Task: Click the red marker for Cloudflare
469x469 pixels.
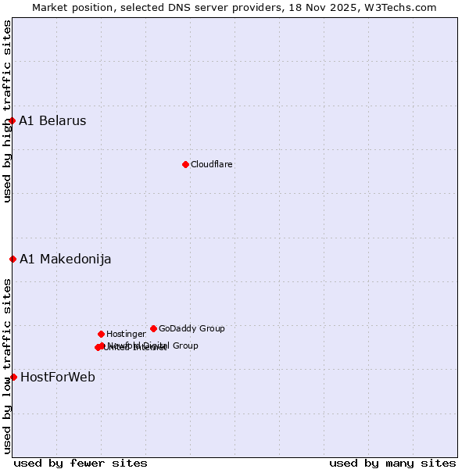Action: pos(185,164)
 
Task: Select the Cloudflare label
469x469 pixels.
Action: pos(211,164)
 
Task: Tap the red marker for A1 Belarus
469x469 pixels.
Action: pos(13,120)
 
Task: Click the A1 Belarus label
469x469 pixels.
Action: pos(52,120)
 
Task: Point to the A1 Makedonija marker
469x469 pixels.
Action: pos(13,259)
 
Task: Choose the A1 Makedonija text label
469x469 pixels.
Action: pos(65,259)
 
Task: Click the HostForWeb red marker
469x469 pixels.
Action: pos(13,377)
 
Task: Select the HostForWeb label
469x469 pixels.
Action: pos(57,377)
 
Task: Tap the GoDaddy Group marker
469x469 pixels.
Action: pos(153,328)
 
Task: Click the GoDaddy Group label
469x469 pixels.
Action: pos(192,328)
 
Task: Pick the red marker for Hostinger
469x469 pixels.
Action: pos(101,334)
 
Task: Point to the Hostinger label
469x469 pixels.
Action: pos(126,334)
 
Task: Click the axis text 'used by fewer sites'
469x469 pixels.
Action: pos(81,463)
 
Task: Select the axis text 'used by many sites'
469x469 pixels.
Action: pos(392,463)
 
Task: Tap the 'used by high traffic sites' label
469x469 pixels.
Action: pos(7,111)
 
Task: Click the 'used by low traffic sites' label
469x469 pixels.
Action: pos(7,366)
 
